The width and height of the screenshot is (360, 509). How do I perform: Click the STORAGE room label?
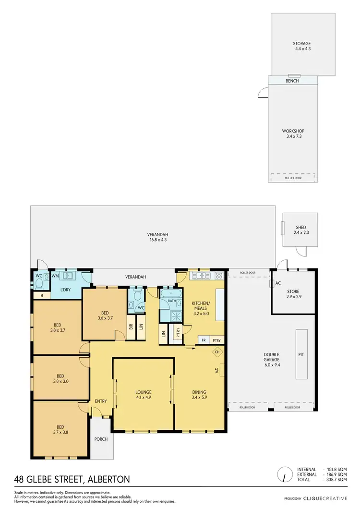click(302, 46)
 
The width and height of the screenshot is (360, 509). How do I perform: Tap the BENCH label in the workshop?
click(292, 81)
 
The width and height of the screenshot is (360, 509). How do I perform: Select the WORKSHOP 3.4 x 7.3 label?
click(293, 133)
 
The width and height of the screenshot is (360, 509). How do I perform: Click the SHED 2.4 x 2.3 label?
click(300, 230)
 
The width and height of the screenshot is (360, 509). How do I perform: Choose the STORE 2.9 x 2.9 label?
click(293, 294)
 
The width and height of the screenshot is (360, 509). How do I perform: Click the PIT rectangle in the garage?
click(301, 354)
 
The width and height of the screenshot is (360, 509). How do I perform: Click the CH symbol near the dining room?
click(217, 352)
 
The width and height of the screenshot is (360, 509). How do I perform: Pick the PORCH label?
click(101, 439)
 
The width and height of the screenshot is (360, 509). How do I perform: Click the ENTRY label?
click(101, 401)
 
